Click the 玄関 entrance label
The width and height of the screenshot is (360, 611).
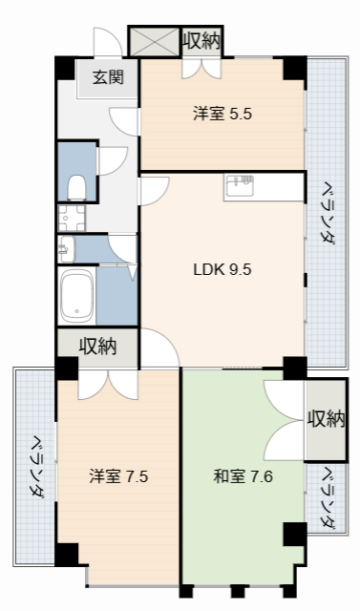click(x=106, y=78)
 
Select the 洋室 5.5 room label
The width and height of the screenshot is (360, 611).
click(x=222, y=114)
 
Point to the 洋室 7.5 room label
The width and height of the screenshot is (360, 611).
click(x=118, y=475)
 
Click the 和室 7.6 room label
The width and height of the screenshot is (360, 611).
click(x=243, y=475)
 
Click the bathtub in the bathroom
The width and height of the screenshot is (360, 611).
click(x=74, y=295)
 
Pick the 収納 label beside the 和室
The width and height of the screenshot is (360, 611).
click(x=326, y=418)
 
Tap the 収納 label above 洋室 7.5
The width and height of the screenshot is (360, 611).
click(x=97, y=346)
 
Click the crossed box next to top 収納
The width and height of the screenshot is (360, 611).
click(x=155, y=41)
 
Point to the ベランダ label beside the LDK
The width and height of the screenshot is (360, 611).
click(x=327, y=212)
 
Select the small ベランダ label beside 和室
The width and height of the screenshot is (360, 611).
click(x=327, y=497)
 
